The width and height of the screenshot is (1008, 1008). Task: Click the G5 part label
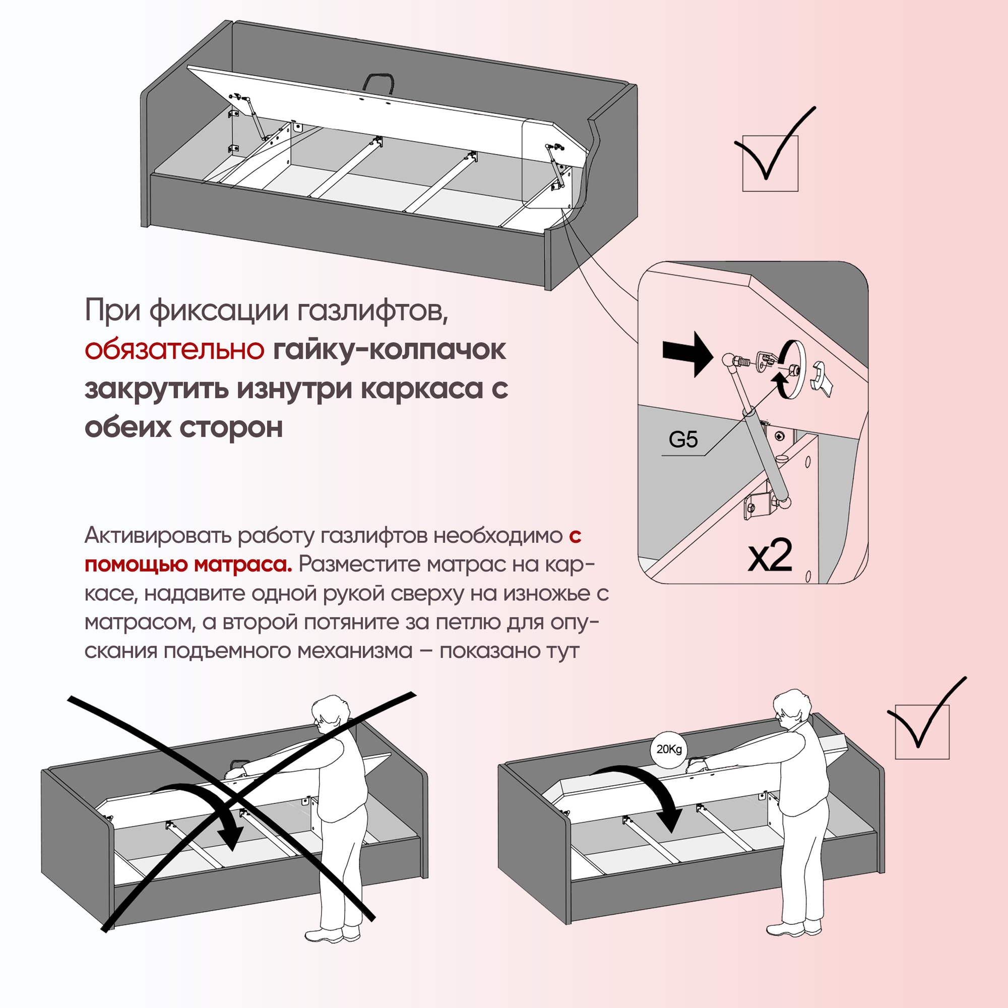pyautogui.click(x=683, y=440)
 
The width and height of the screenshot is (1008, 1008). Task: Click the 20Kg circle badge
pyautogui.click(x=669, y=749)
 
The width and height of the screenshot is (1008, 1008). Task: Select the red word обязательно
pyautogui.click(x=174, y=350)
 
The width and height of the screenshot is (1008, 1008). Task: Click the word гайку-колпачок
pyautogui.click(x=389, y=350)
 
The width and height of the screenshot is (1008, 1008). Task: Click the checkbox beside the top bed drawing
pyautogui.click(x=770, y=163)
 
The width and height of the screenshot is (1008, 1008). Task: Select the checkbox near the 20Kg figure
pyautogui.click(x=922, y=732)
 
